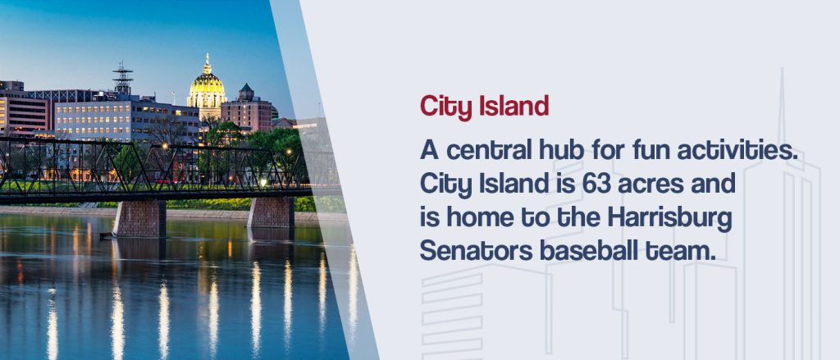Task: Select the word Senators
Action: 475,252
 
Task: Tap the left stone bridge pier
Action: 139,219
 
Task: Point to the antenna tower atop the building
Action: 123,78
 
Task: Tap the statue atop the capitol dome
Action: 207,59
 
